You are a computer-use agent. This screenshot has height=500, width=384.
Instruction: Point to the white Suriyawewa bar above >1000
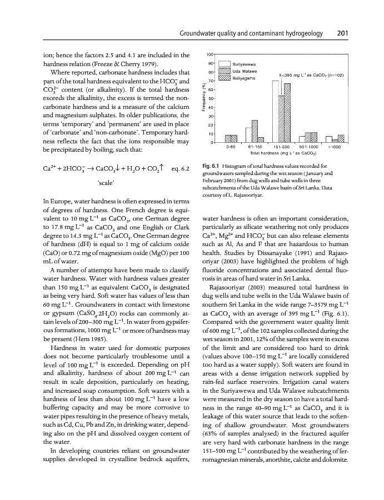click(329, 139)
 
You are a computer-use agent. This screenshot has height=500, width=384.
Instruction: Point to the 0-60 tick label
click(231, 147)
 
